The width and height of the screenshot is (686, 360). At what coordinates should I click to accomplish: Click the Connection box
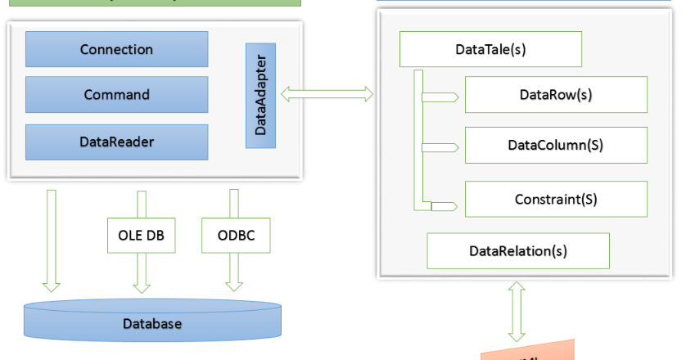click(x=117, y=49)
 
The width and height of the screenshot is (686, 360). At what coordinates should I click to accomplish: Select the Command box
click(x=117, y=95)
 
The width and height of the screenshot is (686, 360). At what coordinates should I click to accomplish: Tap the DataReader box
click(x=117, y=142)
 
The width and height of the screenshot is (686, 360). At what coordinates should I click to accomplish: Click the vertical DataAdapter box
click(x=260, y=96)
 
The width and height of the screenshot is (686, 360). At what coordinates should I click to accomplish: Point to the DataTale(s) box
click(x=490, y=49)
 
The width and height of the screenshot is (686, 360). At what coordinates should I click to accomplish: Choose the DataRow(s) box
click(x=556, y=95)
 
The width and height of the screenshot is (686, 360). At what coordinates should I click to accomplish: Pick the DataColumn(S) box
click(x=556, y=146)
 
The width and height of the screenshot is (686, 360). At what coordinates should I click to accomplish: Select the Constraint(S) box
click(x=556, y=199)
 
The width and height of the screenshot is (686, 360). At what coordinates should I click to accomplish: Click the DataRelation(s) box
click(x=518, y=250)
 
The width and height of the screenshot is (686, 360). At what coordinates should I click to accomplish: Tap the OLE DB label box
click(x=142, y=236)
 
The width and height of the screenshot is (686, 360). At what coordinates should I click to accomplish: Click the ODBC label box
click(x=235, y=236)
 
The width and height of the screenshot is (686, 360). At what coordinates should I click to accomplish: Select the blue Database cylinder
click(x=152, y=322)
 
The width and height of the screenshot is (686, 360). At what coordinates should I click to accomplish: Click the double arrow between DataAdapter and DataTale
click(x=327, y=95)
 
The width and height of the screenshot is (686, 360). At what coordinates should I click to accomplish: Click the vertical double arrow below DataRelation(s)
click(x=517, y=312)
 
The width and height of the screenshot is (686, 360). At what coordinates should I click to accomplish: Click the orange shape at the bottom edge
click(x=527, y=353)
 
